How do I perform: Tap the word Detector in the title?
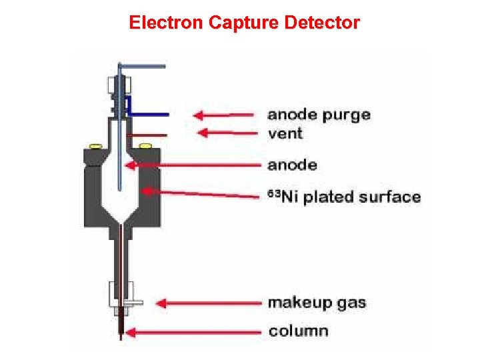click(x=322, y=23)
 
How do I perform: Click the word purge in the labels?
click(x=346, y=115)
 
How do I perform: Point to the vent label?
click(x=285, y=133)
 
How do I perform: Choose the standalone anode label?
click(x=293, y=165)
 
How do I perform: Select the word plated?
click(x=328, y=197)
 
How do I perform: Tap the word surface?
click(x=389, y=197)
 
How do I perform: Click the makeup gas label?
click(x=317, y=303)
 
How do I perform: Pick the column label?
click(x=297, y=331)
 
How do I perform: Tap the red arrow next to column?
click(x=193, y=331)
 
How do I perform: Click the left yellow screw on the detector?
click(x=96, y=145)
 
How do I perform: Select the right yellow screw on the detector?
click(x=145, y=145)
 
